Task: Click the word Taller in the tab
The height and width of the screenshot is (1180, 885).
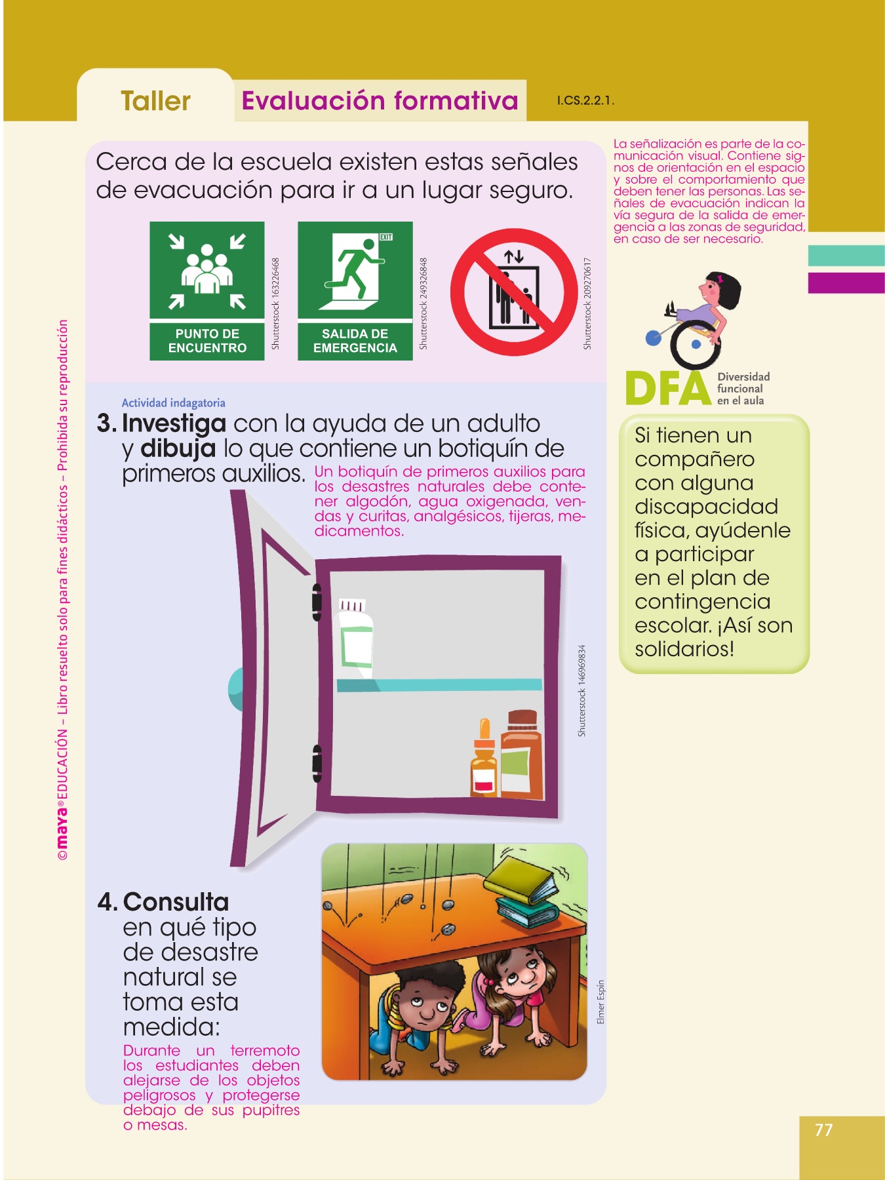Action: point(155,101)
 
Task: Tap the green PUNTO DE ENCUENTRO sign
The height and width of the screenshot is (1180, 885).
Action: point(207,290)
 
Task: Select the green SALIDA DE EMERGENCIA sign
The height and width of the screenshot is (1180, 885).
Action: point(355,290)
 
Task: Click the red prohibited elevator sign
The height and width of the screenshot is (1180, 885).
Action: point(514,292)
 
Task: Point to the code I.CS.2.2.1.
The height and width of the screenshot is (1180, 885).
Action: point(585,101)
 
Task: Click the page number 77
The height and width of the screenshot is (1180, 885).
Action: point(824,1130)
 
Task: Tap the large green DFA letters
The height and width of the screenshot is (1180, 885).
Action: point(668,389)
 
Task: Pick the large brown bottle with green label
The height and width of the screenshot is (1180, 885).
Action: point(522,755)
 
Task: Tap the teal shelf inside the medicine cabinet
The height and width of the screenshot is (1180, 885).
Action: point(439,685)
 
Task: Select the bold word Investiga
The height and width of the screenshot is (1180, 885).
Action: point(174,423)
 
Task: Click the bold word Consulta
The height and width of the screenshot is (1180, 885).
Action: point(176,902)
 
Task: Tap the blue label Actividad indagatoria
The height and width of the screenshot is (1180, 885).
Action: point(174,403)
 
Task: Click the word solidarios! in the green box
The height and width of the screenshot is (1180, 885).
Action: point(684,649)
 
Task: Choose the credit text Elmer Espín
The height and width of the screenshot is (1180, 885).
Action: point(601,1002)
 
